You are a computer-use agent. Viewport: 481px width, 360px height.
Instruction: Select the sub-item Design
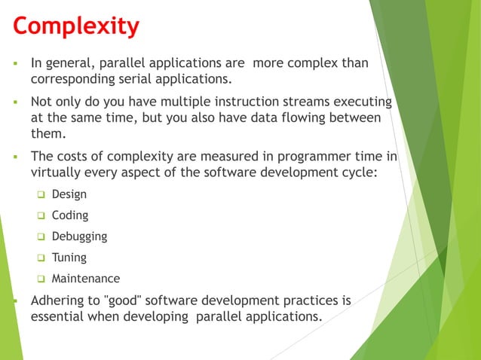click(x=69, y=194)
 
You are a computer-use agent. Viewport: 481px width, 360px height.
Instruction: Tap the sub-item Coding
click(x=70, y=215)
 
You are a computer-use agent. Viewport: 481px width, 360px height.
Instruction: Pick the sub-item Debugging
click(x=79, y=236)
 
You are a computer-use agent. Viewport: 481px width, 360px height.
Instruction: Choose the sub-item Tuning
click(x=69, y=258)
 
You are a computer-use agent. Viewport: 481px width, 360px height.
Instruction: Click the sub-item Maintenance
click(x=85, y=279)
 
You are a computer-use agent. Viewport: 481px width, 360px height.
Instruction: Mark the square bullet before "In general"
click(x=14, y=63)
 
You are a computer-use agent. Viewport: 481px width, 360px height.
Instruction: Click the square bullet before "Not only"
click(x=14, y=102)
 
